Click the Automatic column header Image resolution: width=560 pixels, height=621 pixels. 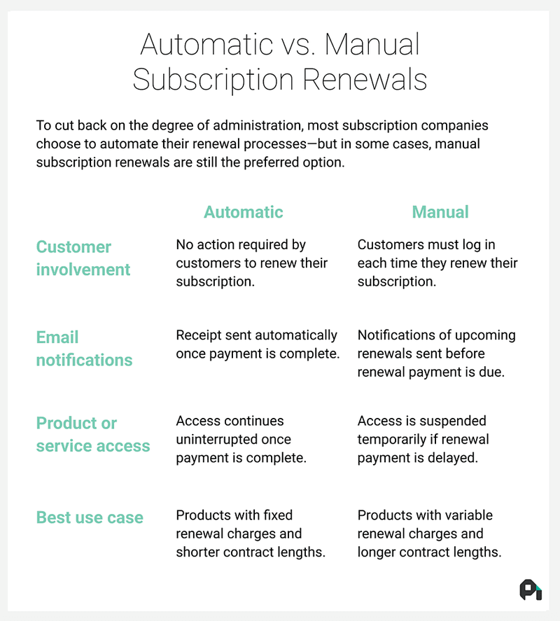pos(243,212)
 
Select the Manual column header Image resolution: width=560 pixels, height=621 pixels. pos(440,212)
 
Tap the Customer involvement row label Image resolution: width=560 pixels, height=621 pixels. pos(83,258)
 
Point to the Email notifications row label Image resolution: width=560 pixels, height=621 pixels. pos(85,349)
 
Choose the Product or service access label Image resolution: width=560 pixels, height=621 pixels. pos(93,435)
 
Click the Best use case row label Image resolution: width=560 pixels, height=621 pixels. pos(90,517)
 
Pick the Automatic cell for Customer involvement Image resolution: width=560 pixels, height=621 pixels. pos(252,263)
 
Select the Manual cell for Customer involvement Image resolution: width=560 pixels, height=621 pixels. pos(437,263)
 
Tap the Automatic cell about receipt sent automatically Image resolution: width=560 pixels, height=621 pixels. pos(258,344)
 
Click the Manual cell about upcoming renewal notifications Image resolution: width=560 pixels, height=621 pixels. pos(436,354)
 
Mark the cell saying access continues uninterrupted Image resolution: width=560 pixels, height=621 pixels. pos(241,439)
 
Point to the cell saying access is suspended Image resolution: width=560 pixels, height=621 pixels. pos(423,439)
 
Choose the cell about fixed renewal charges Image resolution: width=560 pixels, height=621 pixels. pos(251,533)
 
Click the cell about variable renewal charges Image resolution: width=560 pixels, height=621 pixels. pos(429,533)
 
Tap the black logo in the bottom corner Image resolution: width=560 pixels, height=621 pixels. pos(531,590)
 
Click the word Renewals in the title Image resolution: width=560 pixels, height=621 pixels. pos(365,79)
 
